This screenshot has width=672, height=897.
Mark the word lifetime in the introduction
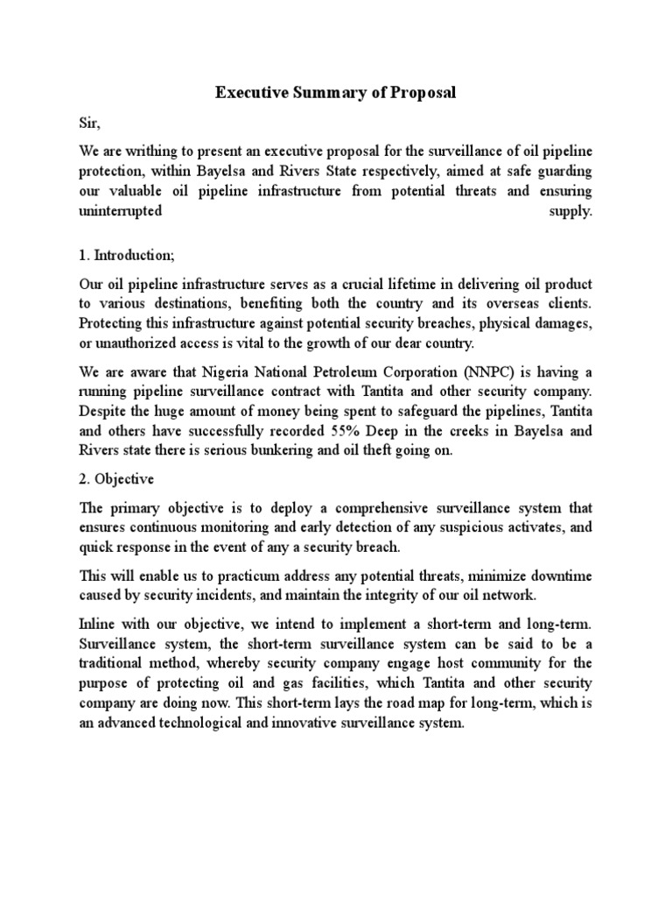(455, 286)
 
